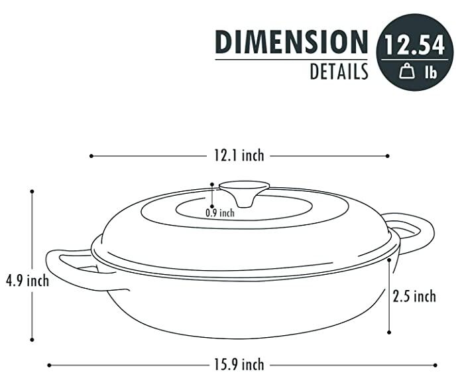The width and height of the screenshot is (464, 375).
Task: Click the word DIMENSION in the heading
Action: [291, 42]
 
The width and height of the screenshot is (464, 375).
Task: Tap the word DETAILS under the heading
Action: [339, 72]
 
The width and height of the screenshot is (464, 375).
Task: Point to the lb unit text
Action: [430, 72]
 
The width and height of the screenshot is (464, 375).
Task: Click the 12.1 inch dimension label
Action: [239, 156]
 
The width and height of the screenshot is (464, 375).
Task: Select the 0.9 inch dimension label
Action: [220, 213]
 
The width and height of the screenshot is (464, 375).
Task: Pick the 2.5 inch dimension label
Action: [415, 296]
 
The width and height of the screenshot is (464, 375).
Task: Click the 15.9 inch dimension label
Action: [239, 364]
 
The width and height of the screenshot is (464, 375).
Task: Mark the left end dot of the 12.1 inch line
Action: [91, 156]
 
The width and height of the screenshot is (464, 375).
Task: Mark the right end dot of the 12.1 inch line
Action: [388, 156]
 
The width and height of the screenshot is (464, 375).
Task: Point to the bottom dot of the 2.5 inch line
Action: [390, 333]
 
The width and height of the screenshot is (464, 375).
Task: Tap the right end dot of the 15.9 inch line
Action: [435, 364]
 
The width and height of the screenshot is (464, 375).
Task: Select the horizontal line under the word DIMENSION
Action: [291, 60]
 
